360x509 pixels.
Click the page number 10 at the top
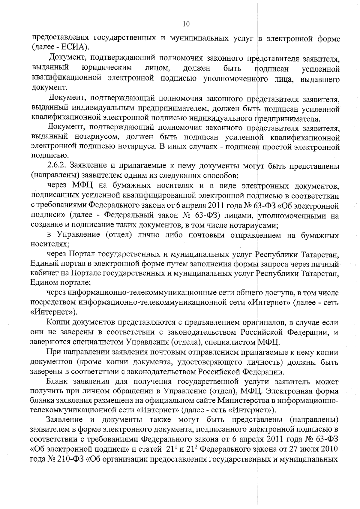tap(186, 24)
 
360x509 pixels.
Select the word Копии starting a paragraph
tap(58, 322)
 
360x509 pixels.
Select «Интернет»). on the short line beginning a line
tap(54, 312)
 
